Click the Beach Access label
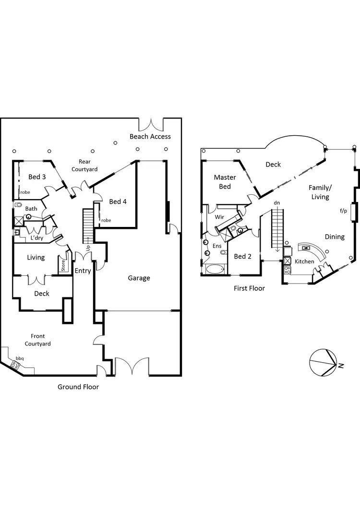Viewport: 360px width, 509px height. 150,137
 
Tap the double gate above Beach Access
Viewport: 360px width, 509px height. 151,124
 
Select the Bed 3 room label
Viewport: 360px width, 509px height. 37,177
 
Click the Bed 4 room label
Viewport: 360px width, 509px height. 118,201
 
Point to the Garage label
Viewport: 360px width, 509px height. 139,278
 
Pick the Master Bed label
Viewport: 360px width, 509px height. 225,182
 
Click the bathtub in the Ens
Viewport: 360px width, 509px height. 215,269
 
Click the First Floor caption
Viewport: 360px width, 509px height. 249,288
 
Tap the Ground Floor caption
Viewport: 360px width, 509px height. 78,387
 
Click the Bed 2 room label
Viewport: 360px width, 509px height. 242,256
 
